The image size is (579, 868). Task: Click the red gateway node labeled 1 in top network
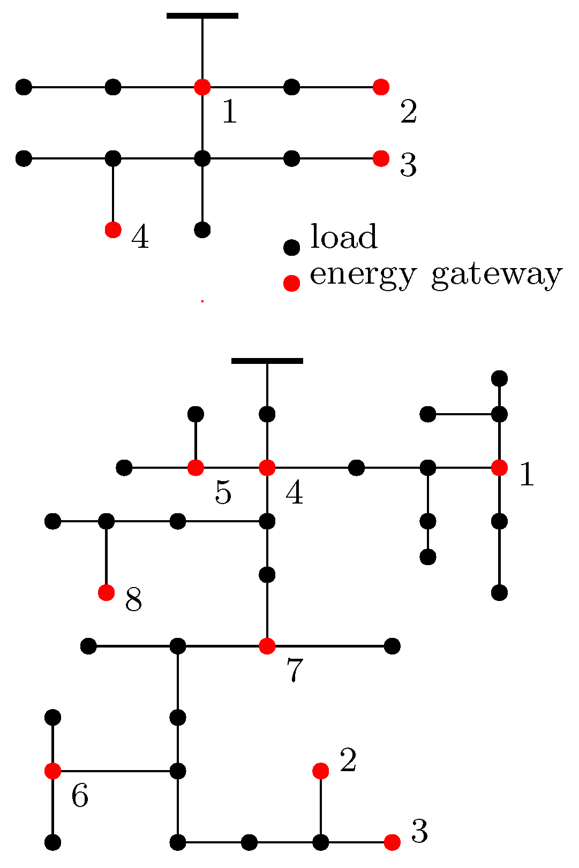click(202, 86)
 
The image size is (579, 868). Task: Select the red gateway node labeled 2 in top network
click(381, 86)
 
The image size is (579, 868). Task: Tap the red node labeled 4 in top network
click(112, 230)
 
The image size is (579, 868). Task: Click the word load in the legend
click(344, 237)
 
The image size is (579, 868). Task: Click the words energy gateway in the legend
click(436, 275)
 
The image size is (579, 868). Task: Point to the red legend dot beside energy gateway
click(291, 283)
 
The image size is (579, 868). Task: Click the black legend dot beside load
click(291, 247)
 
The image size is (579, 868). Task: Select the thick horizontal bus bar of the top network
click(202, 16)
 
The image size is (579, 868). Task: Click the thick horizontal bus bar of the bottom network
click(267, 361)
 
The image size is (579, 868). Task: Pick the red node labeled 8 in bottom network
click(107, 592)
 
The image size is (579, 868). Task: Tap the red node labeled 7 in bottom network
click(267, 646)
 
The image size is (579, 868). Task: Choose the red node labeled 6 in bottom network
click(52, 771)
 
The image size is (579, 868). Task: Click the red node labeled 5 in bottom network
click(195, 468)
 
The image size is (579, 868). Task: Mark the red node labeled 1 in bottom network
click(499, 468)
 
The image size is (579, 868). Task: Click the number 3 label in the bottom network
click(419, 832)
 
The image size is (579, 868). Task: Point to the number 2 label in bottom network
click(348, 760)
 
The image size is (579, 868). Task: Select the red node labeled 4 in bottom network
click(267, 468)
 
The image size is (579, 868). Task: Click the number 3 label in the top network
click(408, 165)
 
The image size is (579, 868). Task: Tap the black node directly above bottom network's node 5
click(195, 414)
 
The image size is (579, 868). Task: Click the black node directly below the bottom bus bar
click(267, 414)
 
